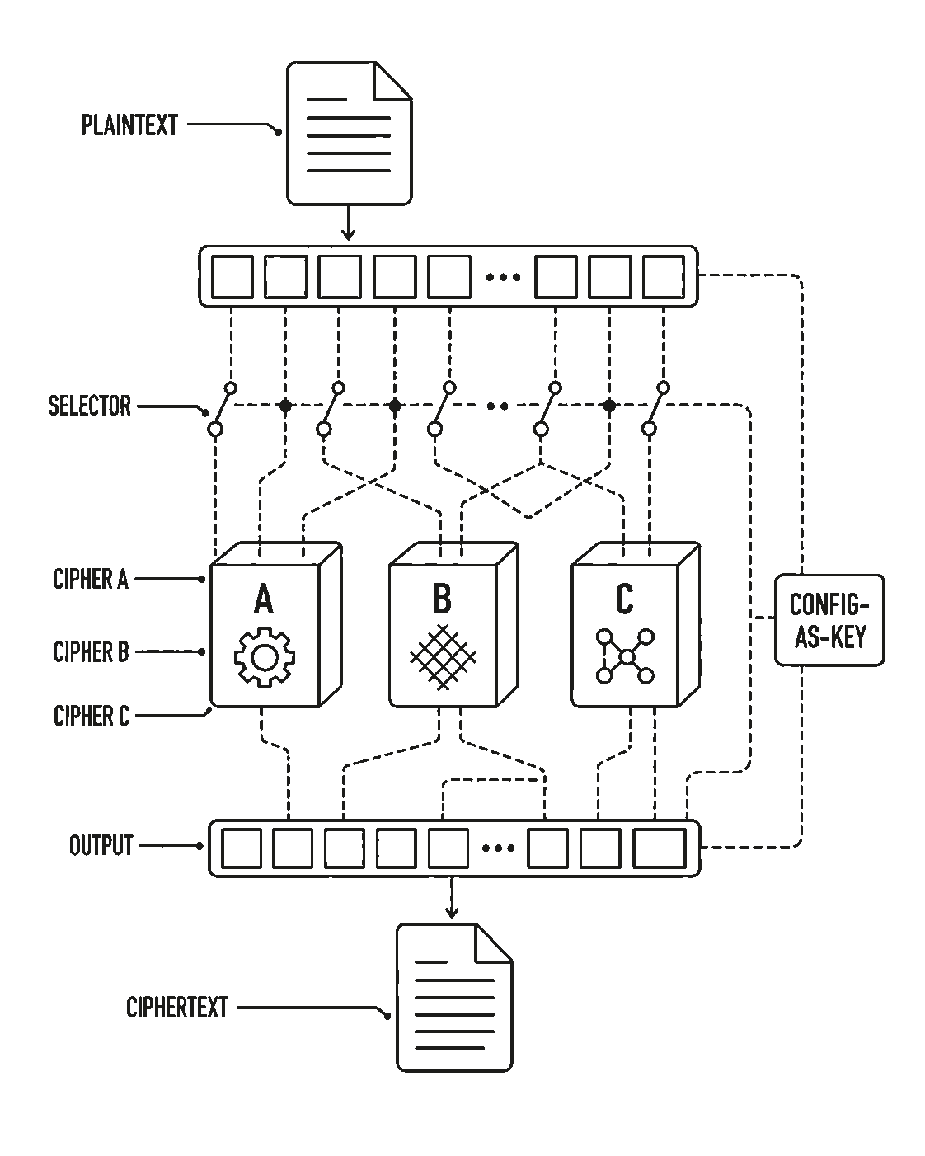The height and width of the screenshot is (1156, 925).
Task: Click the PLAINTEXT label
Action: coord(129,125)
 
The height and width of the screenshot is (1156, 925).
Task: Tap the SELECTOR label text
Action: coord(89,406)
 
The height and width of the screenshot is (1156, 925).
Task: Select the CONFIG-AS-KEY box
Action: coord(829,620)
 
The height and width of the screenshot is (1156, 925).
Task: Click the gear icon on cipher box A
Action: coord(265,657)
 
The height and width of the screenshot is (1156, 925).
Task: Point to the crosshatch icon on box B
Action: coord(443,657)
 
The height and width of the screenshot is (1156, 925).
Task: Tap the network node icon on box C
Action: coord(625,656)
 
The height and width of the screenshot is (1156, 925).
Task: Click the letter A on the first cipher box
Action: coord(263,599)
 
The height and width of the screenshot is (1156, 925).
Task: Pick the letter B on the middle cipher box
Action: coord(443,599)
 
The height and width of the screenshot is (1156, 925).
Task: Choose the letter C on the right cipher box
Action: coord(624,599)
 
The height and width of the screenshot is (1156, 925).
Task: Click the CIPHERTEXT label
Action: coord(177,1008)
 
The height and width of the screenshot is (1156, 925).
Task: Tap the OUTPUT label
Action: coord(101,845)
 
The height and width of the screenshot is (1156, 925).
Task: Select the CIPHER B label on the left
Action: coord(92,651)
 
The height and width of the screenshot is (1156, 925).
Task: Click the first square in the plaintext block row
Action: coord(232,277)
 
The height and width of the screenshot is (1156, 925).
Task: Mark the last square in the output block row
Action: coord(660,848)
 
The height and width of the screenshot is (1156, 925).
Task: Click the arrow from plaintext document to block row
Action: coord(348,223)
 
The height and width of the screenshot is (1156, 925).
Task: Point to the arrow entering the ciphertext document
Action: coord(452,900)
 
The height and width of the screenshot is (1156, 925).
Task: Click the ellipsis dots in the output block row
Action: coord(499,848)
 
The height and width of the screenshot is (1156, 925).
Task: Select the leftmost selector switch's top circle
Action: coord(231,388)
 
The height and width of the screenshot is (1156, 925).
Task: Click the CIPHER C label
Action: coord(92,716)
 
